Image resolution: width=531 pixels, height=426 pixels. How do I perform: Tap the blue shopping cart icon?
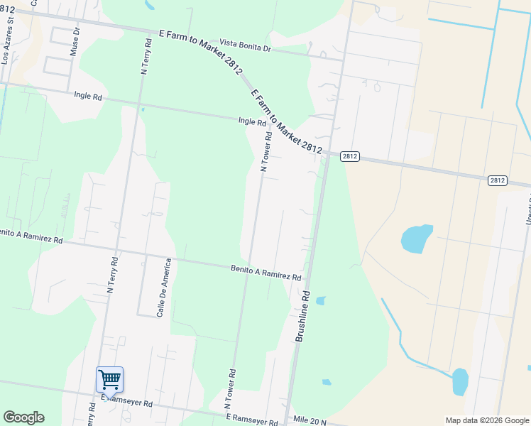[109, 379]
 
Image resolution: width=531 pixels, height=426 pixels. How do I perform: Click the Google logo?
[23, 417]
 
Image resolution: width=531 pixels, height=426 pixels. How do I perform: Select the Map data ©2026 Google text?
[486, 420]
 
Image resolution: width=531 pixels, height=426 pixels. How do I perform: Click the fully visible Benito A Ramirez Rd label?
[266, 273]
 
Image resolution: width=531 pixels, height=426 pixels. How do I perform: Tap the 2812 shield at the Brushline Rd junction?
[349, 156]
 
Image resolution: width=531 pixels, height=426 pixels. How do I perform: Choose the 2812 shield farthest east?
[498, 180]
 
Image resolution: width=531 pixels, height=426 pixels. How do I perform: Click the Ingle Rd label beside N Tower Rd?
[252, 122]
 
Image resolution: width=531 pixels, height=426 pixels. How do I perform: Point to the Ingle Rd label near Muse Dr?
[87, 95]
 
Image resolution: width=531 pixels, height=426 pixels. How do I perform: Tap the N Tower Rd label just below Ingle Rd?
[267, 151]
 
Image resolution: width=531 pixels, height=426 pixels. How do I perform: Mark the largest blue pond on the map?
[417, 239]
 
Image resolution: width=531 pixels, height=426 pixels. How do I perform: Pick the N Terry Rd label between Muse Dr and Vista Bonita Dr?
[146, 56]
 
